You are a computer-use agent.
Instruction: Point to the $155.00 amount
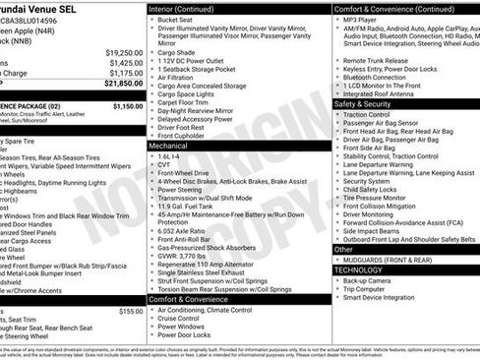point(131,311)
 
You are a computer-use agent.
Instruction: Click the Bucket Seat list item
point(176,20)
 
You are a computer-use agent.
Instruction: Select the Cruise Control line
point(183,319)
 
